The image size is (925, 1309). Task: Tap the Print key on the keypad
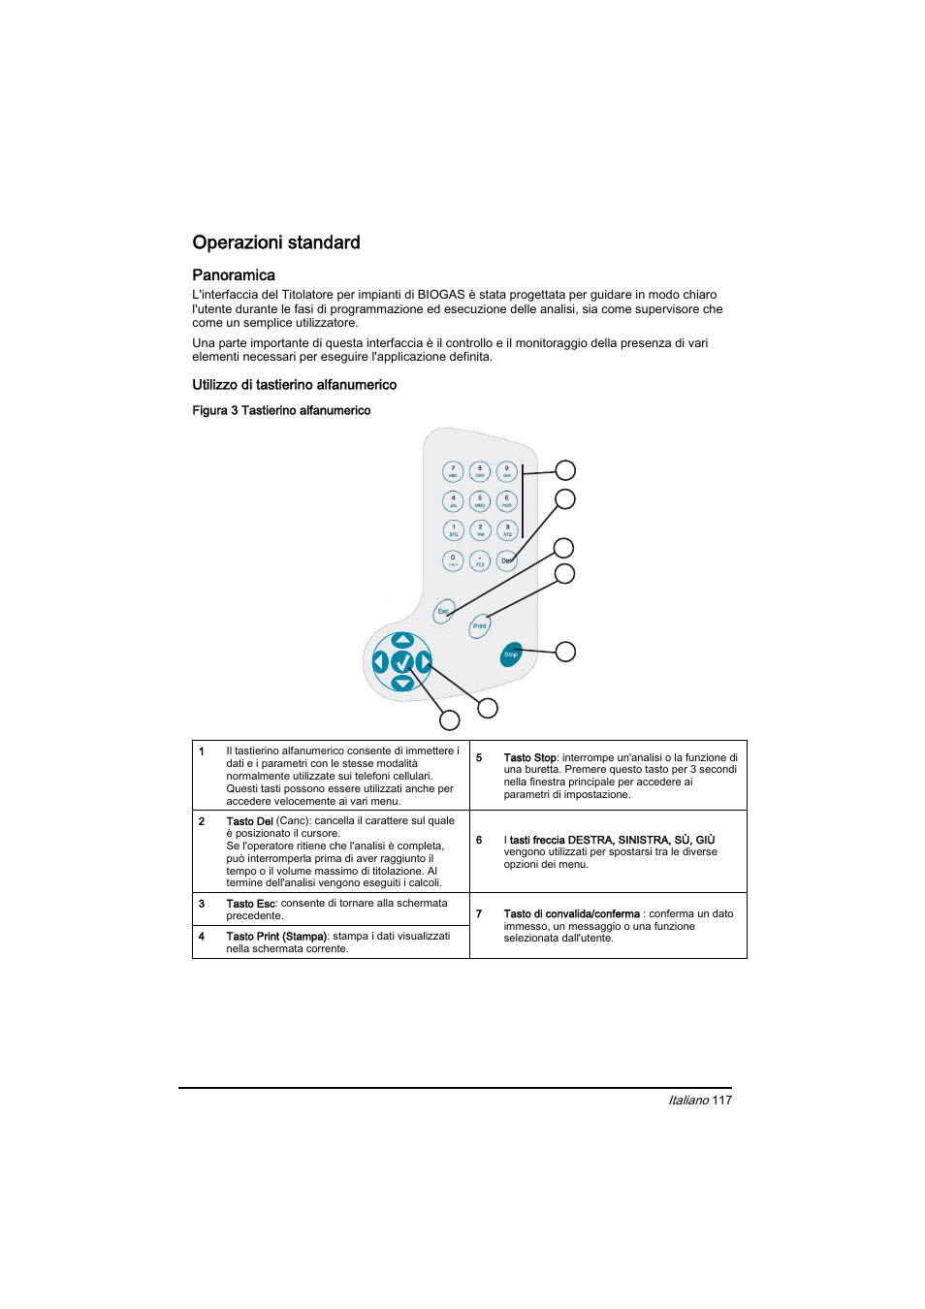click(480, 626)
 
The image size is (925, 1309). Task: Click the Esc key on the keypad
click(443, 611)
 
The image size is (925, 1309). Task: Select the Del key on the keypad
click(506, 560)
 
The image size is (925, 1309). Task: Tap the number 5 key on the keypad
click(480, 501)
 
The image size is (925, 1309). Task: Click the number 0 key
click(453, 560)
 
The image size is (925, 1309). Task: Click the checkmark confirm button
click(402, 662)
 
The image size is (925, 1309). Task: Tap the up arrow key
click(402, 640)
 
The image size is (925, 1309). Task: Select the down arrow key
click(402, 684)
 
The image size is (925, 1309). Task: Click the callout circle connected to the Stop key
click(565, 652)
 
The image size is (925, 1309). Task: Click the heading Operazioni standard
click(276, 242)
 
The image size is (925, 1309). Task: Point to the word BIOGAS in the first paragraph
click(441, 295)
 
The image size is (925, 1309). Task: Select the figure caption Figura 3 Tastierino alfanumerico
click(281, 410)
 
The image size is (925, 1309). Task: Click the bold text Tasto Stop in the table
click(529, 758)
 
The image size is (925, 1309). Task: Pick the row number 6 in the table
click(479, 841)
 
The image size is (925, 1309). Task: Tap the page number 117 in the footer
click(721, 1101)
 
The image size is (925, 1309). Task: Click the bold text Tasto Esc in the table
click(251, 904)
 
